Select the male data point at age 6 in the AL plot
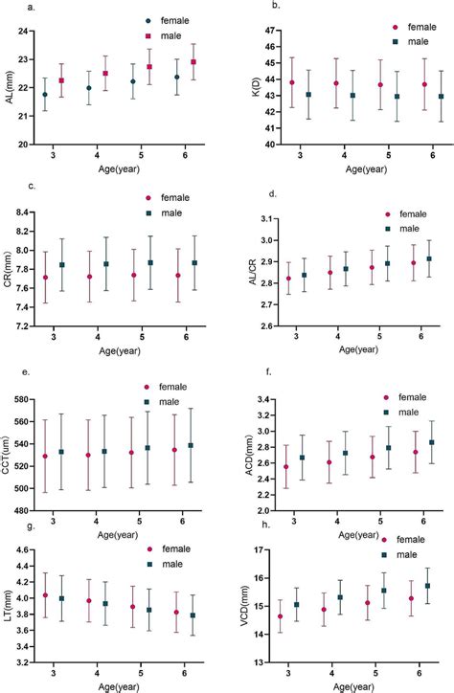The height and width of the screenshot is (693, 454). click(x=194, y=62)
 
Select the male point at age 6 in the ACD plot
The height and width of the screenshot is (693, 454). click(x=430, y=443)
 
